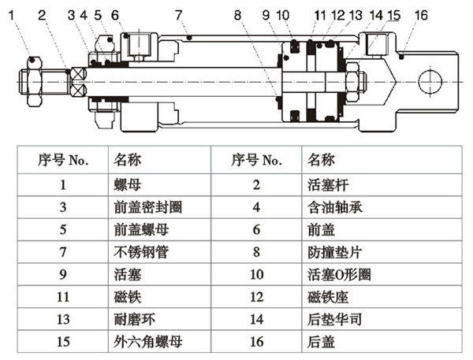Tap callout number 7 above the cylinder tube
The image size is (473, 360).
coord(179,13)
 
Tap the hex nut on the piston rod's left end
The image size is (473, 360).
coord(32,81)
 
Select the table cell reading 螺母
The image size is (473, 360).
coord(128,185)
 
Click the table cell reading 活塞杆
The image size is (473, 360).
coord(324,185)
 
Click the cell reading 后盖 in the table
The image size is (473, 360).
coord(318,343)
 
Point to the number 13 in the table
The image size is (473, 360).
coord(65,321)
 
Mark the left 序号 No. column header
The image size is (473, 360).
coord(64,160)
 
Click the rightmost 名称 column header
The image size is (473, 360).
coord(319,160)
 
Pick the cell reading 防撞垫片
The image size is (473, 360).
coord(330,253)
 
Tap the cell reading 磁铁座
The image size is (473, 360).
coord(324,299)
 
